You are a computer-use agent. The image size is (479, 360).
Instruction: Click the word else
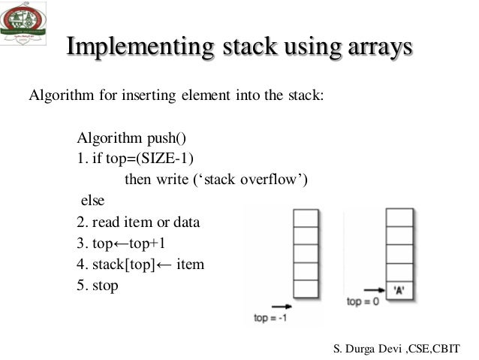[93, 201]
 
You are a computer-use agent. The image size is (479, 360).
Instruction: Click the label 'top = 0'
[363, 301]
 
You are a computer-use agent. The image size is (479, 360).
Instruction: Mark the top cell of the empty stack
[306, 218]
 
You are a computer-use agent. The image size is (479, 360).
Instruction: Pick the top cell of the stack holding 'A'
[399, 218]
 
